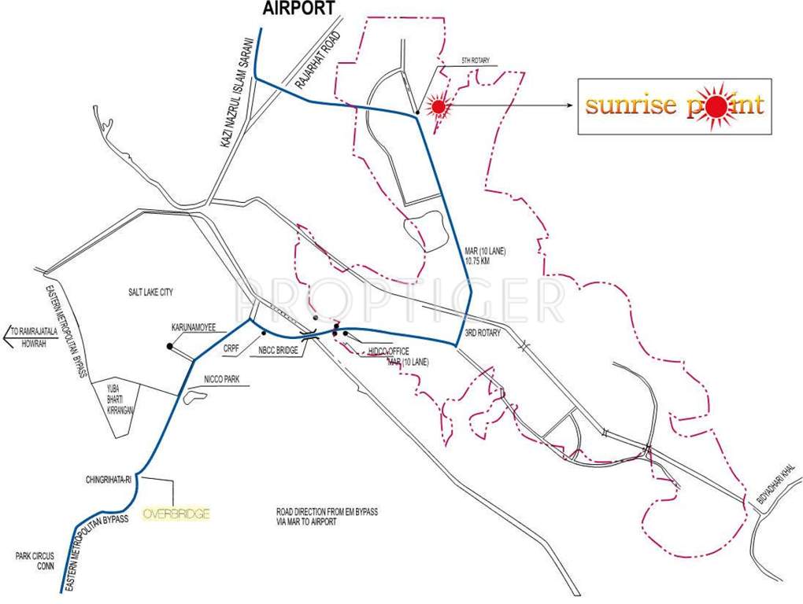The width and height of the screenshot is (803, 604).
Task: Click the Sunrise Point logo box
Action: pos(673,106)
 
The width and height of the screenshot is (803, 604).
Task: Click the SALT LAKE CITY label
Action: pos(150,293)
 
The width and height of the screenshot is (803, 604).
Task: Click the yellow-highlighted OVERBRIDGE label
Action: pos(176,514)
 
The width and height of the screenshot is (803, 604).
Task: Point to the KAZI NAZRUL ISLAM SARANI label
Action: pos(235,99)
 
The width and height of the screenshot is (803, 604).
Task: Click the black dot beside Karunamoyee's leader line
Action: pos(169,345)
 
